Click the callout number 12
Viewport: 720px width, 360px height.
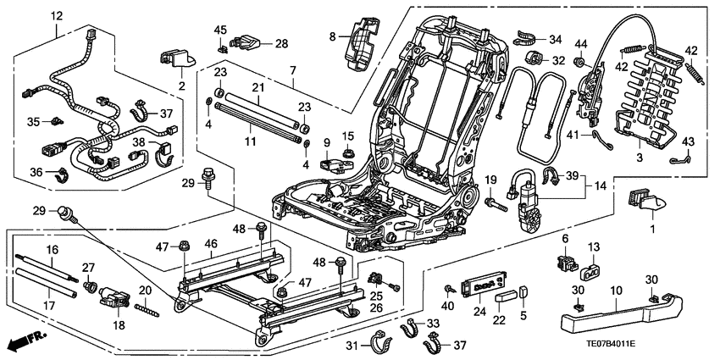tap(57, 16)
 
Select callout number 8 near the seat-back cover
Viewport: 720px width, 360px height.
tap(332, 36)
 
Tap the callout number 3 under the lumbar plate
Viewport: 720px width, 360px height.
tap(639, 157)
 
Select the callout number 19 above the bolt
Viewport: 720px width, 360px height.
tap(490, 179)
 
